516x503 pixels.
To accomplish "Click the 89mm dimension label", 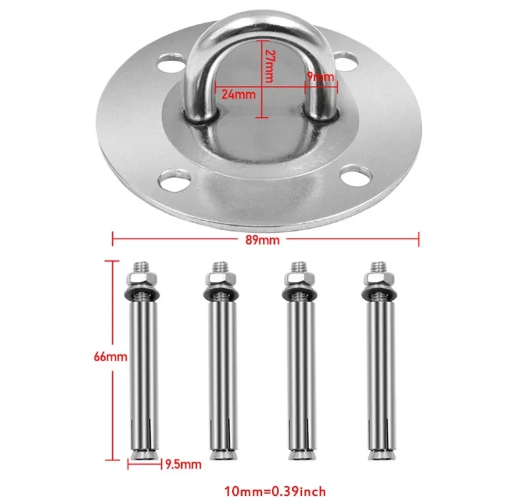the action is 263,240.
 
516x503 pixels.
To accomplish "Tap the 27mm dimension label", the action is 270,66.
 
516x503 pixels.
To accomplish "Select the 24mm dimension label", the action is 238,94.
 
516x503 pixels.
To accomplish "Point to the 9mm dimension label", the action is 321,77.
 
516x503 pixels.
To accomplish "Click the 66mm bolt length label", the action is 110,357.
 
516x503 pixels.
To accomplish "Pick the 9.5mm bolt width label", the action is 183,464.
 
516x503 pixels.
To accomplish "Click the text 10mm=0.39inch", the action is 275,491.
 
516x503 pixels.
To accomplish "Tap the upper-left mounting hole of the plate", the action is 171,63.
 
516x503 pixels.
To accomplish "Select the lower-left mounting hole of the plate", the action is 174,181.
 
